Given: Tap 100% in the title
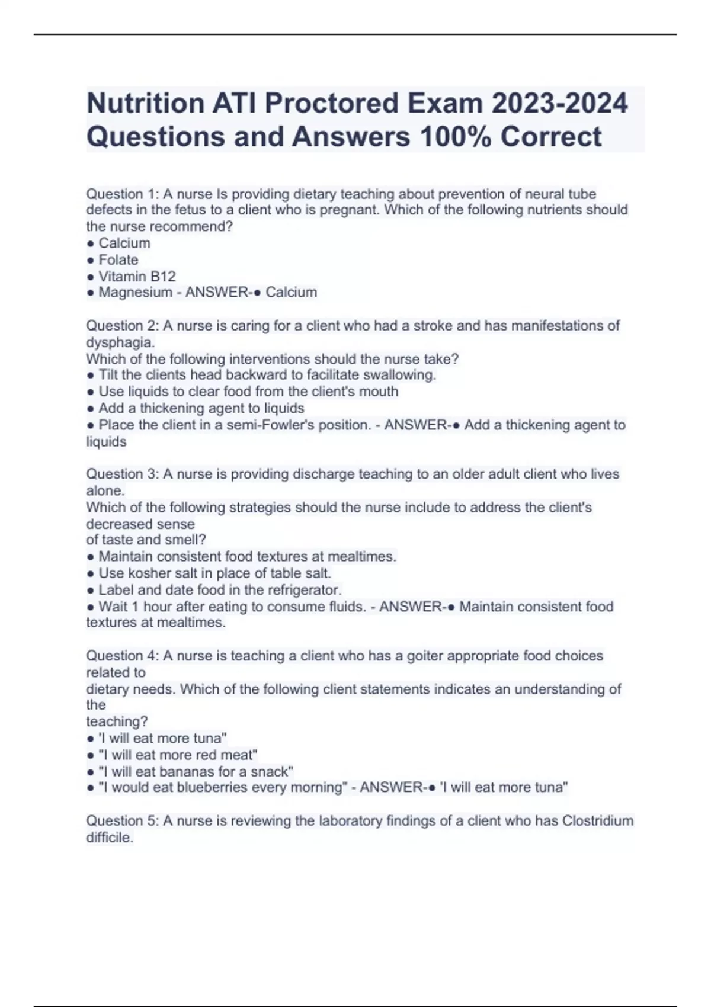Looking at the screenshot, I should coord(456,137).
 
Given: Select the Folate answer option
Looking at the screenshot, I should coord(118,260).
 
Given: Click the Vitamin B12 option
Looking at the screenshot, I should coord(137,277).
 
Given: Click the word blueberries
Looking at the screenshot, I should coord(212,788).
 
